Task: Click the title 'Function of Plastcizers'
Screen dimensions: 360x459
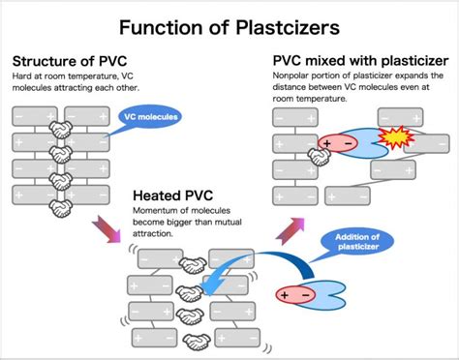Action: click(x=229, y=23)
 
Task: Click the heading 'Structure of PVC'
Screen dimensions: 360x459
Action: click(x=70, y=65)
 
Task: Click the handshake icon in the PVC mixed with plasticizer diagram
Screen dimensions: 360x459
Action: click(x=318, y=153)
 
